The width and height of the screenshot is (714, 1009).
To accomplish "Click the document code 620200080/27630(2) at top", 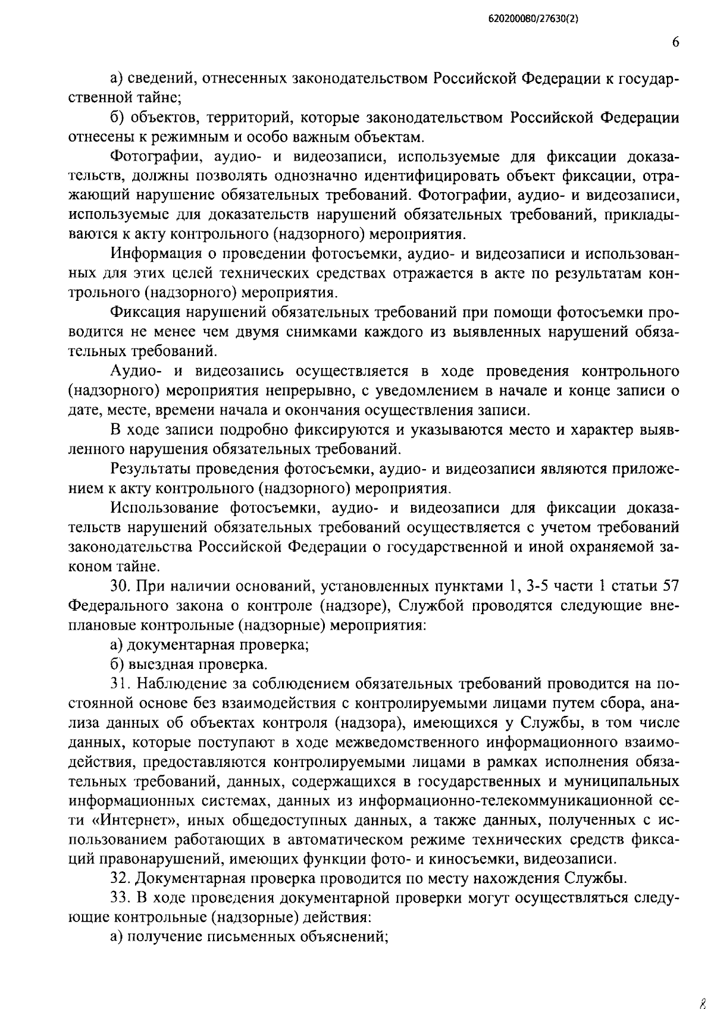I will tap(534, 19).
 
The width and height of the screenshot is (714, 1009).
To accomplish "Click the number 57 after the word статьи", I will tap(668, 587).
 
